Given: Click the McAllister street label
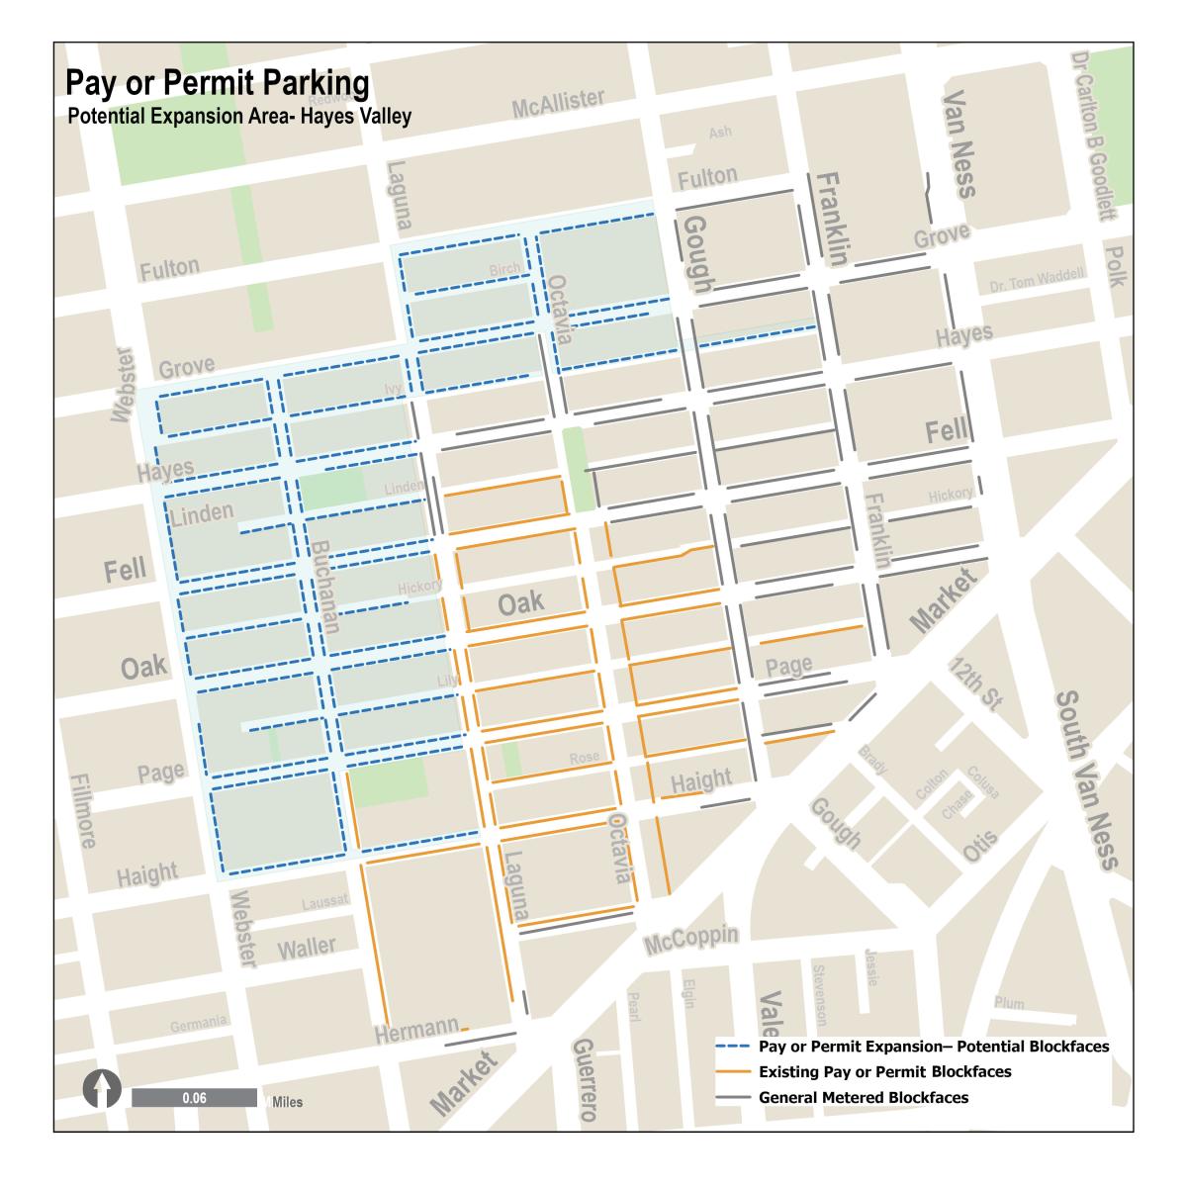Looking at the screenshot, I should (x=558, y=103).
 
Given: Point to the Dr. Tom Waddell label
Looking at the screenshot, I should (x=1037, y=281).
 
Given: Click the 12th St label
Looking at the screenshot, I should (x=973, y=684).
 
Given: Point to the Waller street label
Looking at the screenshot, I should (x=306, y=948).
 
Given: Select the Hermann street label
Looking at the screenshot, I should (x=416, y=1031).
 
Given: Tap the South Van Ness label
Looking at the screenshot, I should (x=1086, y=780).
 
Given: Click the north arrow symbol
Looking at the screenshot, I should (x=101, y=1092).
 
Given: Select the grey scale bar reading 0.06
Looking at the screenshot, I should (x=194, y=1098).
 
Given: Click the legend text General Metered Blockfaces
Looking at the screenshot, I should (x=863, y=1097).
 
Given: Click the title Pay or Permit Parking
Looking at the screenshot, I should (x=218, y=83).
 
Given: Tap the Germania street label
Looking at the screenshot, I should (x=199, y=1024).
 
